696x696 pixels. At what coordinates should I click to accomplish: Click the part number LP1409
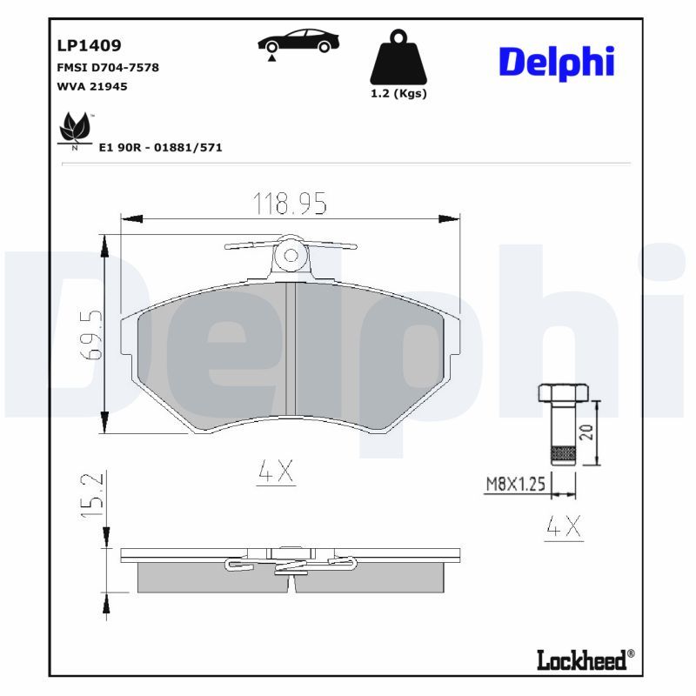(x=88, y=45)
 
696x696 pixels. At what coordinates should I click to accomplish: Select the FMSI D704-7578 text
(x=107, y=67)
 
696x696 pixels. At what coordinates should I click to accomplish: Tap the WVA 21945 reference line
(x=92, y=87)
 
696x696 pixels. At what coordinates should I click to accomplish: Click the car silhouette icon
(x=298, y=42)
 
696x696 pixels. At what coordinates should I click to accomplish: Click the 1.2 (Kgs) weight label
(x=398, y=94)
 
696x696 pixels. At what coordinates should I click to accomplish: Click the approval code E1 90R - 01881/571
(x=160, y=148)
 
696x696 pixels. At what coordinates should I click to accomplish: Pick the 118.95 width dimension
(x=289, y=204)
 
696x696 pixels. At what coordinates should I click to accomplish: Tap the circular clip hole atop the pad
(x=291, y=256)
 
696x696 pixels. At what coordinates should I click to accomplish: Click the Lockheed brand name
(x=580, y=660)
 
